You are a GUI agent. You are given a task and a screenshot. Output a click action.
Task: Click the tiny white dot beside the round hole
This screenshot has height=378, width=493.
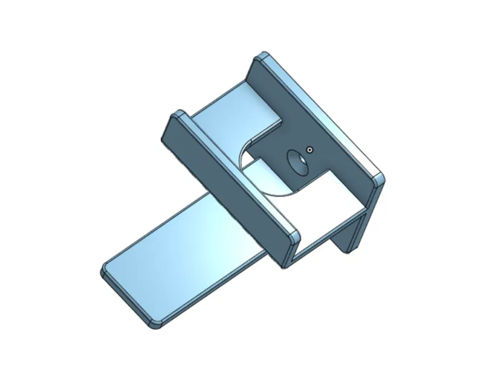309,149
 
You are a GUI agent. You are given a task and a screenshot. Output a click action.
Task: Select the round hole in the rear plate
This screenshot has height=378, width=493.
296,162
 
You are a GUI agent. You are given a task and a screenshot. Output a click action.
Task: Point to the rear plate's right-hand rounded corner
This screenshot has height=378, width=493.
378,180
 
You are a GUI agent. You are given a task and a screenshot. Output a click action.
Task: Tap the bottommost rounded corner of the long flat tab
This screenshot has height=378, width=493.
155,323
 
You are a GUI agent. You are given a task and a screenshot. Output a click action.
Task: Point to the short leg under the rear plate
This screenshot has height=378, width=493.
351,233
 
